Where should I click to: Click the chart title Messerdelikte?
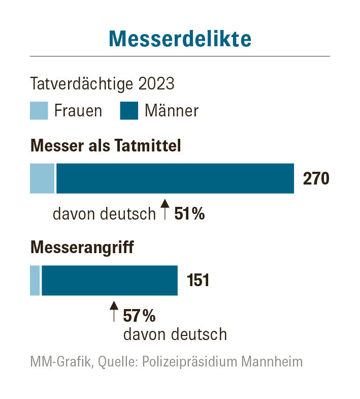tap(180, 39)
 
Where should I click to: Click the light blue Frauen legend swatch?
tap(39, 110)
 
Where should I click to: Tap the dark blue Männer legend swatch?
tap(129, 110)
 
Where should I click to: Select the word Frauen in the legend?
tap(78, 111)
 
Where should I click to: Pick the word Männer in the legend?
tap(172, 111)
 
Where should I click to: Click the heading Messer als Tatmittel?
tap(106, 146)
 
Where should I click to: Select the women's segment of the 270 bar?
tap(42, 178)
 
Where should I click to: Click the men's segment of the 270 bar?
tap(175, 178)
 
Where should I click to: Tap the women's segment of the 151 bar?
tap(35, 280)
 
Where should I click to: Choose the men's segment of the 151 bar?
tap(110, 280)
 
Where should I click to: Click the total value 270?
tap(316, 179)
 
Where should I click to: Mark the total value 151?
tap(198, 281)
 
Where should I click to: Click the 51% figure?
tap(189, 214)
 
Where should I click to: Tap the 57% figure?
tap(139, 316)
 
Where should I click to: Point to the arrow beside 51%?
tap(165, 209)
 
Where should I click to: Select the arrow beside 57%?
tap(114, 311)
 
